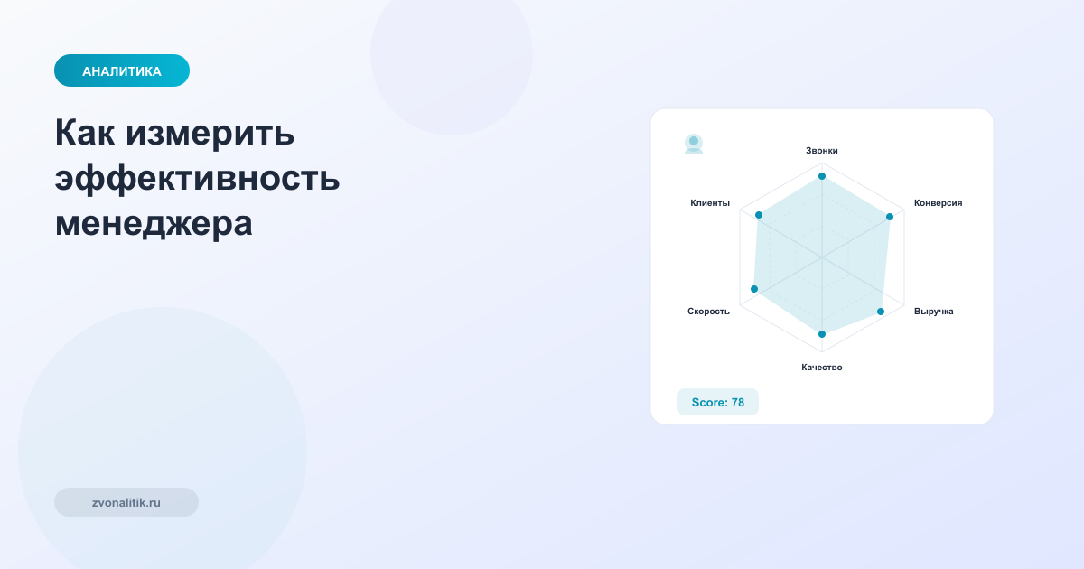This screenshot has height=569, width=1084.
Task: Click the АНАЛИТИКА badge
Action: [x=122, y=71]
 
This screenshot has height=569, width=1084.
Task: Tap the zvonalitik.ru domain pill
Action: [x=126, y=502]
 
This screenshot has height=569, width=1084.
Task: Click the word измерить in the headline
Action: [x=210, y=134]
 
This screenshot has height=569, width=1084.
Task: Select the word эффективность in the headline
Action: [x=197, y=178]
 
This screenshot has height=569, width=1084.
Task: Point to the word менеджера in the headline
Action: [x=154, y=222]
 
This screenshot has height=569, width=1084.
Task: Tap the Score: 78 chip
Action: [x=718, y=402]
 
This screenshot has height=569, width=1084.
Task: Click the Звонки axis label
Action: [x=822, y=151]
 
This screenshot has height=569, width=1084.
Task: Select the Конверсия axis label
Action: [x=938, y=203]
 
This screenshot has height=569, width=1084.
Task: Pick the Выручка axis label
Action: [x=933, y=312]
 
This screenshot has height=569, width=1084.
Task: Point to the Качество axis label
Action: [x=822, y=368]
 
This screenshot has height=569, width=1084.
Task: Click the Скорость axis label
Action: [x=708, y=312]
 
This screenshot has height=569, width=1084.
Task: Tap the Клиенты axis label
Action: [x=710, y=203]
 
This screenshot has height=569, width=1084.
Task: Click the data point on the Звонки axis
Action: [x=822, y=176]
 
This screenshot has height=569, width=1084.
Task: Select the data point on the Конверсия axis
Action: [x=890, y=217]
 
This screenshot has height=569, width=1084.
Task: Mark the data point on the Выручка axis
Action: [x=882, y=312]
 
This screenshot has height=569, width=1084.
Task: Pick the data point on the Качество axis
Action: [x=822, y=334]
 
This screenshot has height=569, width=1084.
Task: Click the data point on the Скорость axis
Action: [x=755, y=289]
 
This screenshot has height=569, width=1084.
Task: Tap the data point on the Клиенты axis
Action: [x=759, y=215]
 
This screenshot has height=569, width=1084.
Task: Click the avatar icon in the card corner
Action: [x=694, y=144]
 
